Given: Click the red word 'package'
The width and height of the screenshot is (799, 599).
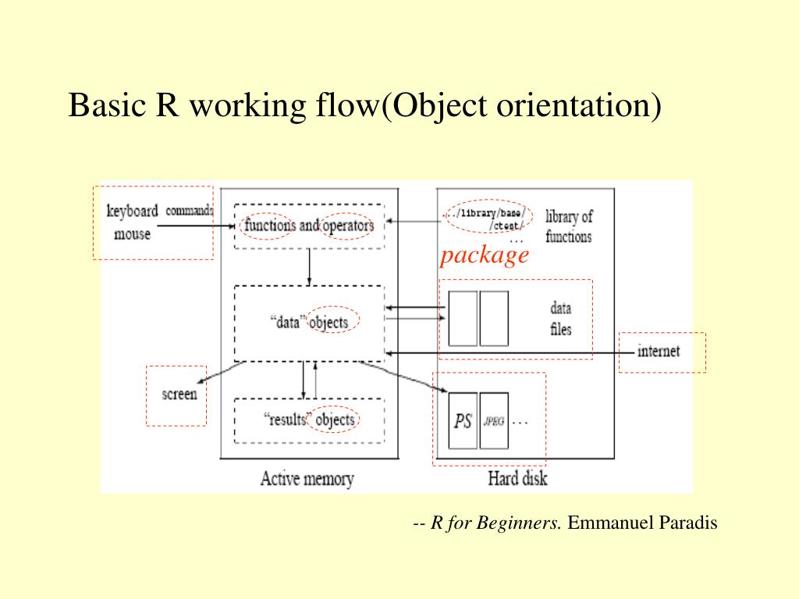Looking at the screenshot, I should pyautogui.click(x=484, y=255).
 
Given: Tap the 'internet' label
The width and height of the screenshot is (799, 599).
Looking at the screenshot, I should pyautogui.click(x=658, y=351).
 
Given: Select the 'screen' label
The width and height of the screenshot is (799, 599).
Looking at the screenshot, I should pyautogui.click(x=179, y=394).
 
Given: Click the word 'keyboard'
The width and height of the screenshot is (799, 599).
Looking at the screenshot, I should pyautogui.click(x=132, y=211).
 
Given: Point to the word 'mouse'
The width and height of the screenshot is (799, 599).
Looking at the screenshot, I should pyautogui.click(x=132, y=233).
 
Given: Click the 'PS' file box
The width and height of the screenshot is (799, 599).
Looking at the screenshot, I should pyautogui.click(x=463, y=421).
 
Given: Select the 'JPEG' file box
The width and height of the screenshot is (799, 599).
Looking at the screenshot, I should pyautogui.click(x=494, y=421).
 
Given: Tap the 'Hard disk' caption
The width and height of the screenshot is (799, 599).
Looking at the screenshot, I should pyautogui.click(x=517, y=477).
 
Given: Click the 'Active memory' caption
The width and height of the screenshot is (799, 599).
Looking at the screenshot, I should pyautogui.click(x=307, y=478).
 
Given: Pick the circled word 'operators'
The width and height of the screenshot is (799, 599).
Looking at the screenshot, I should pyautogui.click(x=349, y=225).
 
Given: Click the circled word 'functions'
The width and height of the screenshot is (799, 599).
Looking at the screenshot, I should pyautogui.click(x=268, y=225).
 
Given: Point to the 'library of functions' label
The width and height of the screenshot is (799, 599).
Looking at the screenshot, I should pyautogui.click(x=568, y=226).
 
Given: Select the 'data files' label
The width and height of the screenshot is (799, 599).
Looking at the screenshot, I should pyautogui.click(x=560, y=319).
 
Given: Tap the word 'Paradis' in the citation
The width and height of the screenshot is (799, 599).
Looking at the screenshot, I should pyautogui.click(x=688, y=523).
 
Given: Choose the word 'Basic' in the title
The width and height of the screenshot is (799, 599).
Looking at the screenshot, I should pyautogui.click(x=104, y=105).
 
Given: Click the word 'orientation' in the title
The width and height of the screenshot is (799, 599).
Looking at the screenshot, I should pyautogui.click(x=570, y=105).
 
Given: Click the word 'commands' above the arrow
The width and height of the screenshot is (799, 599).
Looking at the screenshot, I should pyautogui.click(x=189, y=211).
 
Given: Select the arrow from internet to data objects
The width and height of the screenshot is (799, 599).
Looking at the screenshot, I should pyautogui.click(x=507, y=353).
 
